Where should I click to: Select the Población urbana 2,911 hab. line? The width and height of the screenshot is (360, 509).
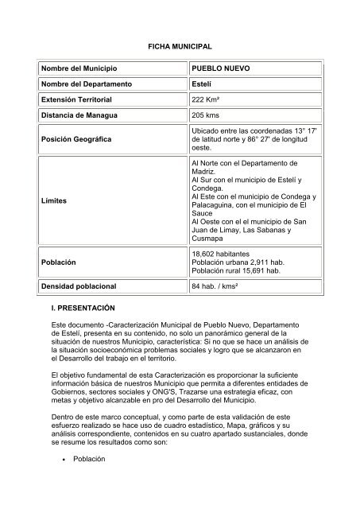click(x=237, y=262)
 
